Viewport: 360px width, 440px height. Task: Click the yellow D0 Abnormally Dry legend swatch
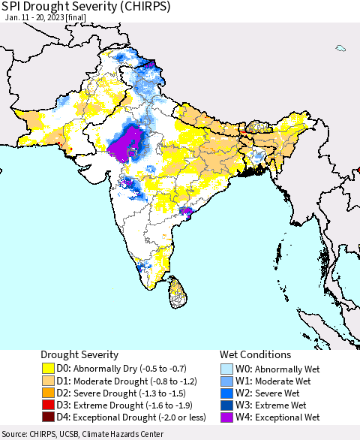49,369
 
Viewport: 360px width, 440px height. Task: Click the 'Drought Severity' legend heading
79,354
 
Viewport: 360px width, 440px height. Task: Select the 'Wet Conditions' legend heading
256,354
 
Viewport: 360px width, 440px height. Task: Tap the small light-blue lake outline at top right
340,49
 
